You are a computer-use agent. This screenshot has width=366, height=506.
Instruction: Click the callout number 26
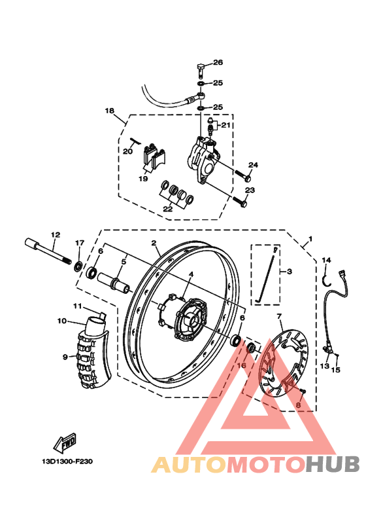click(x=218, y=63)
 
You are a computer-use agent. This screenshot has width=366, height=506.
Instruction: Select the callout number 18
click(x=109, y=111)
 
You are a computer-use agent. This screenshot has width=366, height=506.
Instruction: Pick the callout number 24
click(x=253, y=165)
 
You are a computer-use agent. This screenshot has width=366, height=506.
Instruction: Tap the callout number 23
click(x=249, y=190)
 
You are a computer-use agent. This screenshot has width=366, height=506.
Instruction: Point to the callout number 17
click(x=79, y=244)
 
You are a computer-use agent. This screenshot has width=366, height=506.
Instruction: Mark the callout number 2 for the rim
click(x=154, y=244)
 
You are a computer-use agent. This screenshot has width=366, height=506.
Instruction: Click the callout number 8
click(x=298, y=406)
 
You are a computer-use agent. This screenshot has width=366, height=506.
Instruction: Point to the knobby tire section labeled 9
click(x=92, y=360)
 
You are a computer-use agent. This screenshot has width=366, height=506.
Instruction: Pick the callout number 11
click(x=76, y=306)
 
